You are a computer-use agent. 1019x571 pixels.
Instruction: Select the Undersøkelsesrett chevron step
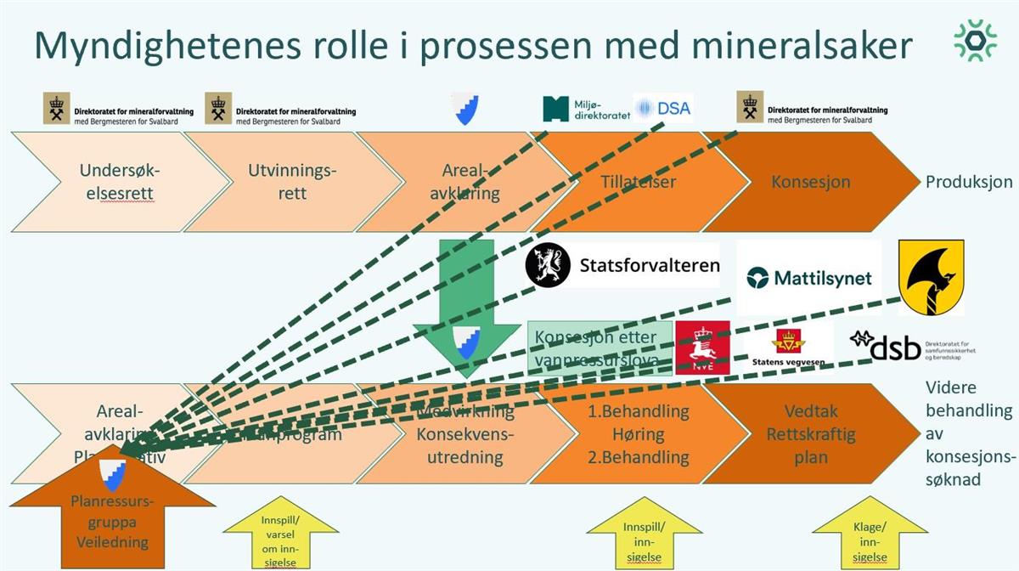click(x=120, y=181)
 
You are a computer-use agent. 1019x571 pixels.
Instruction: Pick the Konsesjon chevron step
click(x=811, y=181)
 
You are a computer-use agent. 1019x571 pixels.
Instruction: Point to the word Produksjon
click(x=969, y=182)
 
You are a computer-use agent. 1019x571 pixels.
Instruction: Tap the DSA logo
click(x=663, y=108)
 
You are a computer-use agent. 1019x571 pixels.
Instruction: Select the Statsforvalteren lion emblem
click(x=548, y=265)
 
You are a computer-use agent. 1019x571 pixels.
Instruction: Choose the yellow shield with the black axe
click(x=931, y=277)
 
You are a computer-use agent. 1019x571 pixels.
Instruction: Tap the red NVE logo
click(x=702, y=348)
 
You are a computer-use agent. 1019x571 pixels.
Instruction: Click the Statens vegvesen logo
click(x=788, y=348)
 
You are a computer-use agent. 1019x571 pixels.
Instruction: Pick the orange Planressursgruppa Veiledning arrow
click(x=110, y=518)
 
